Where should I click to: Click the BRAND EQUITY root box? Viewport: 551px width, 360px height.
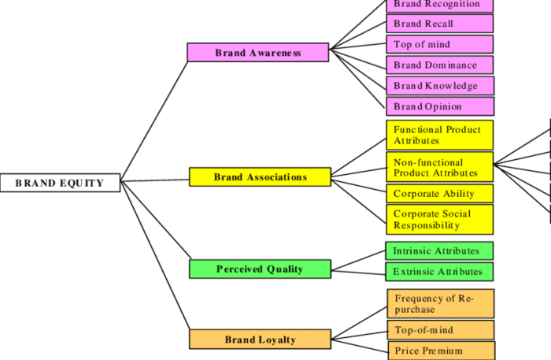click(60, 183)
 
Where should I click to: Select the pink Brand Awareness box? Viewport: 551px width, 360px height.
click(257, 53)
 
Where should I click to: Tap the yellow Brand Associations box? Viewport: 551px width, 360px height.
click(260, 177)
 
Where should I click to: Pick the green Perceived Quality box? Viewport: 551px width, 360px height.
click(260, 269)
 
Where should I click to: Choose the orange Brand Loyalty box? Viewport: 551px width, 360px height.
click(260, 340)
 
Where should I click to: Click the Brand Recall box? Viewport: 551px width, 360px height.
click(439, 24)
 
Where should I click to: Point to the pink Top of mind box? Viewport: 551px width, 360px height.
click(439, 44)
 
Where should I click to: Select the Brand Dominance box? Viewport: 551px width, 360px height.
click(439, 65)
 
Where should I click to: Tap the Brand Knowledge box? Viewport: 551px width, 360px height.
click(439, 85)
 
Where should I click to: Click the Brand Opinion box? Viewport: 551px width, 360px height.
click(439, 106)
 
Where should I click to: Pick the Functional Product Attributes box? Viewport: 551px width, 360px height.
click(439, 135)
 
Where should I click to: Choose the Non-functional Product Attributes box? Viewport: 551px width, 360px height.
click(439, 167)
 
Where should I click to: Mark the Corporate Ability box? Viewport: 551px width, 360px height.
click(439, 193)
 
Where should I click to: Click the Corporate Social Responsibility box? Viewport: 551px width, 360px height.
click(439, 219)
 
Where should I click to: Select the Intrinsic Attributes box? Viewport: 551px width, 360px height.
click(439, 251)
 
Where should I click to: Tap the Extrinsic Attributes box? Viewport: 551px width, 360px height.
click(439, 272)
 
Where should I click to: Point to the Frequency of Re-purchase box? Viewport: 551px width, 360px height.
click(439, 303)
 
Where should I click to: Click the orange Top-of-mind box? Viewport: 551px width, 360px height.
click(439, 330)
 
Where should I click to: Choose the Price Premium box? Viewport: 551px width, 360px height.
click(439, 351)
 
